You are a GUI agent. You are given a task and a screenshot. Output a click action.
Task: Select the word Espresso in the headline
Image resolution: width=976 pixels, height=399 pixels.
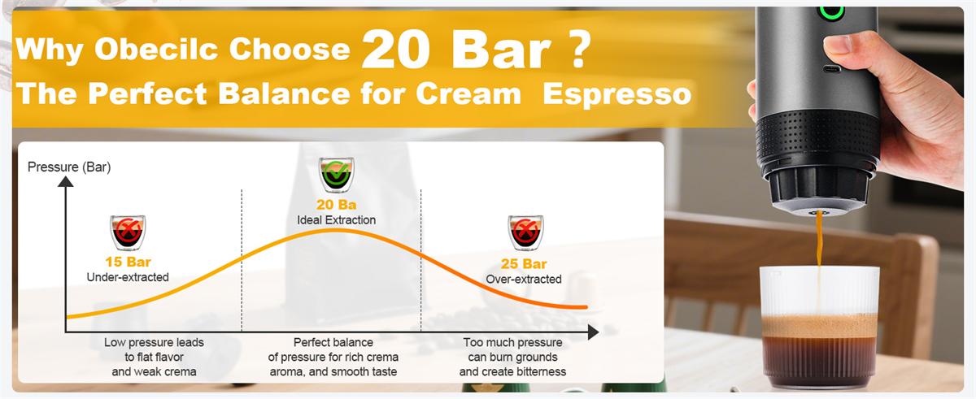[x=617, y=94]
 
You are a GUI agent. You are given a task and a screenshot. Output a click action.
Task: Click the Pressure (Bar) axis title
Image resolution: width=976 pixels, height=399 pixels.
[x=69, y=167]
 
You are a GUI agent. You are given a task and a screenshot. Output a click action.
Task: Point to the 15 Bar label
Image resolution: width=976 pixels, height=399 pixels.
[x=128, y=262]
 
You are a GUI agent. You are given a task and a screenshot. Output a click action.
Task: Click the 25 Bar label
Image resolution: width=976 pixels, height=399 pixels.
[x=523, y=263]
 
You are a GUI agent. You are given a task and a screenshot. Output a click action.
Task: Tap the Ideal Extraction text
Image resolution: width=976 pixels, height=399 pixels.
[x=336, y=219]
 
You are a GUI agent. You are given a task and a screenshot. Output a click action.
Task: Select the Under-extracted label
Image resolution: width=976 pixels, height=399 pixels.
[x=128, y=277]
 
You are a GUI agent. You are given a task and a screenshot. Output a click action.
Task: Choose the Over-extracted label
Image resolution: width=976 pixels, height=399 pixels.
[x=523, y=279]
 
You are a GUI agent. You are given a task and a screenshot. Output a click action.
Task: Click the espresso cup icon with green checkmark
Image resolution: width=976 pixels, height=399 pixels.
[x=336, y=175]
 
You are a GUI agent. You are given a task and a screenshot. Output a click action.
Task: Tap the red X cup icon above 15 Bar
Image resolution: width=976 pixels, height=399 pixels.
[x=128, y=232]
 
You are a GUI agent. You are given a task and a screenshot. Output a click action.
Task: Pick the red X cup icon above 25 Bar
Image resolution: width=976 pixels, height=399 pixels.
[x=526, y=232]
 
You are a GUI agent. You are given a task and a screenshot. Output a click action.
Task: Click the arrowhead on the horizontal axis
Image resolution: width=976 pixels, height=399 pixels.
[x=593, y=332]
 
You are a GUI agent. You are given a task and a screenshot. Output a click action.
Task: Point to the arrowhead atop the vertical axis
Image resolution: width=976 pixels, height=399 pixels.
[x=65, y=181]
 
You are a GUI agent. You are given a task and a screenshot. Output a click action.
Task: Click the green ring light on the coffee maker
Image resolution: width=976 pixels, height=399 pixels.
[x=831, y=14]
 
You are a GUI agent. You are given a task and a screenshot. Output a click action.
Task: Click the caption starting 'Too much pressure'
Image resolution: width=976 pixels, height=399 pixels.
[x=512, y=357]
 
